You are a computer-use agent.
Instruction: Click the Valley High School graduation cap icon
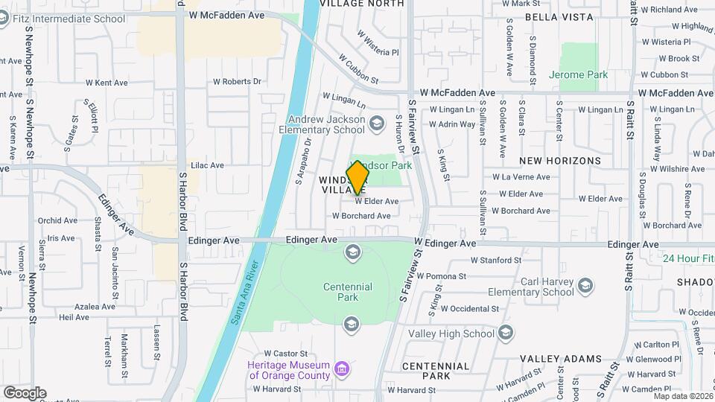tap(506, 332)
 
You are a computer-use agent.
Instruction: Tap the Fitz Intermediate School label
tap(72, 19)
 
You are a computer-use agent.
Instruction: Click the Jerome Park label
tap(578, 74)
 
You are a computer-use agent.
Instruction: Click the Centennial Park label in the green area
tap(347, 292)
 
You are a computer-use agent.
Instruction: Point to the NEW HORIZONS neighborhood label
tap(559, 160)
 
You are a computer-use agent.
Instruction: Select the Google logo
tap(25, 392)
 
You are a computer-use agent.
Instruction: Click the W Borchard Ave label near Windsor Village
tap(361, 216)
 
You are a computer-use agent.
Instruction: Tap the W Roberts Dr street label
tap(238, 81)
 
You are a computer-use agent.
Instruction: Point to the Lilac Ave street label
tap(207, 165)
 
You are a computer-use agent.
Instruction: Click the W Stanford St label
tap(495, 260)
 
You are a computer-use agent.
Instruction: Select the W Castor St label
tap(286, 354)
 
